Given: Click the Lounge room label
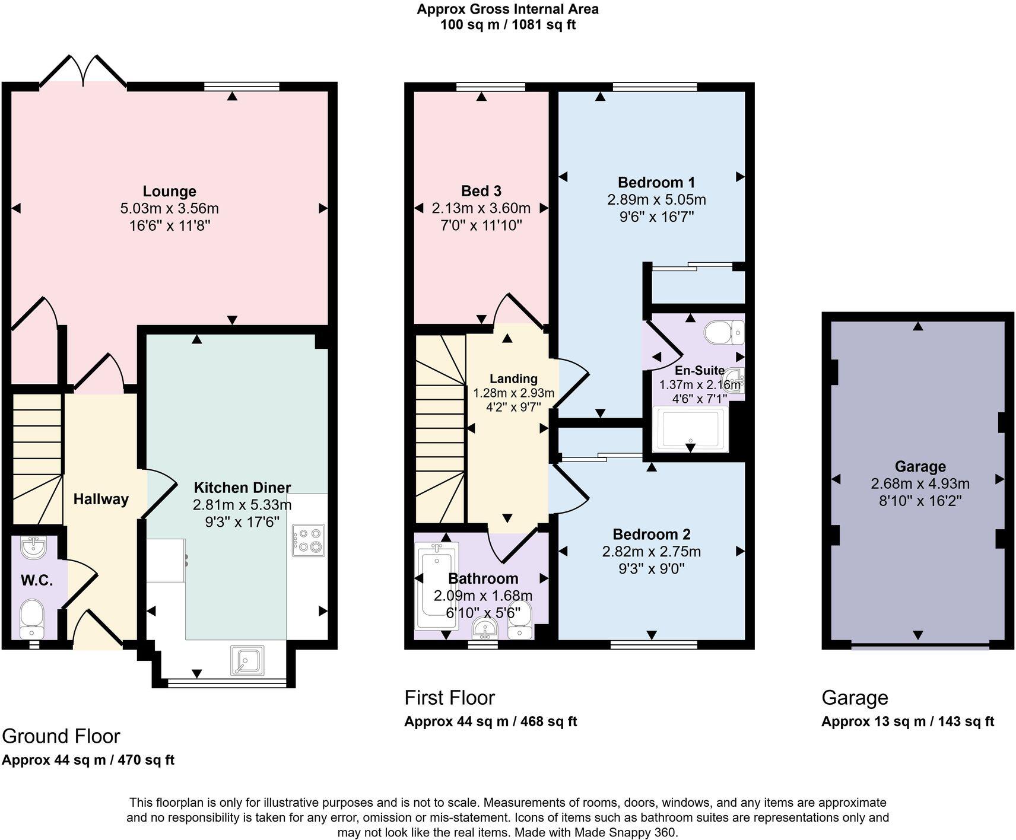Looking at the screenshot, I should coord(169,192).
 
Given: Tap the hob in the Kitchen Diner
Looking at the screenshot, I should coord(309,540).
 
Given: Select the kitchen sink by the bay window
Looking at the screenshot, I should coord(247,660).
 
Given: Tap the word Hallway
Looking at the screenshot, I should coord(101,499).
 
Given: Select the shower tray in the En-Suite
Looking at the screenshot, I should coord(690,429).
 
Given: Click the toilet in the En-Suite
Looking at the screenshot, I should coord(722,333).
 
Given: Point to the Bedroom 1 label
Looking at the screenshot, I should coord(656,182).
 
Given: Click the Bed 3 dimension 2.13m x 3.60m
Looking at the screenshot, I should coord(481,208).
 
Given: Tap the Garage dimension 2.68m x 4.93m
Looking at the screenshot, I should coord(920,483).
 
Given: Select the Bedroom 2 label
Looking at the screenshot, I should coord(651,534).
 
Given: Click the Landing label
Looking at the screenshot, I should coord(513,378).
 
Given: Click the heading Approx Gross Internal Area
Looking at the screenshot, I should coord(507,9).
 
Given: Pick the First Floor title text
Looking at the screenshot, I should coord(449,698).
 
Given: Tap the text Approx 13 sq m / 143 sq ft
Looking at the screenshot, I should coord(907,721).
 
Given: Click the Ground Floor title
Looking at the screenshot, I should coord(61,736).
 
